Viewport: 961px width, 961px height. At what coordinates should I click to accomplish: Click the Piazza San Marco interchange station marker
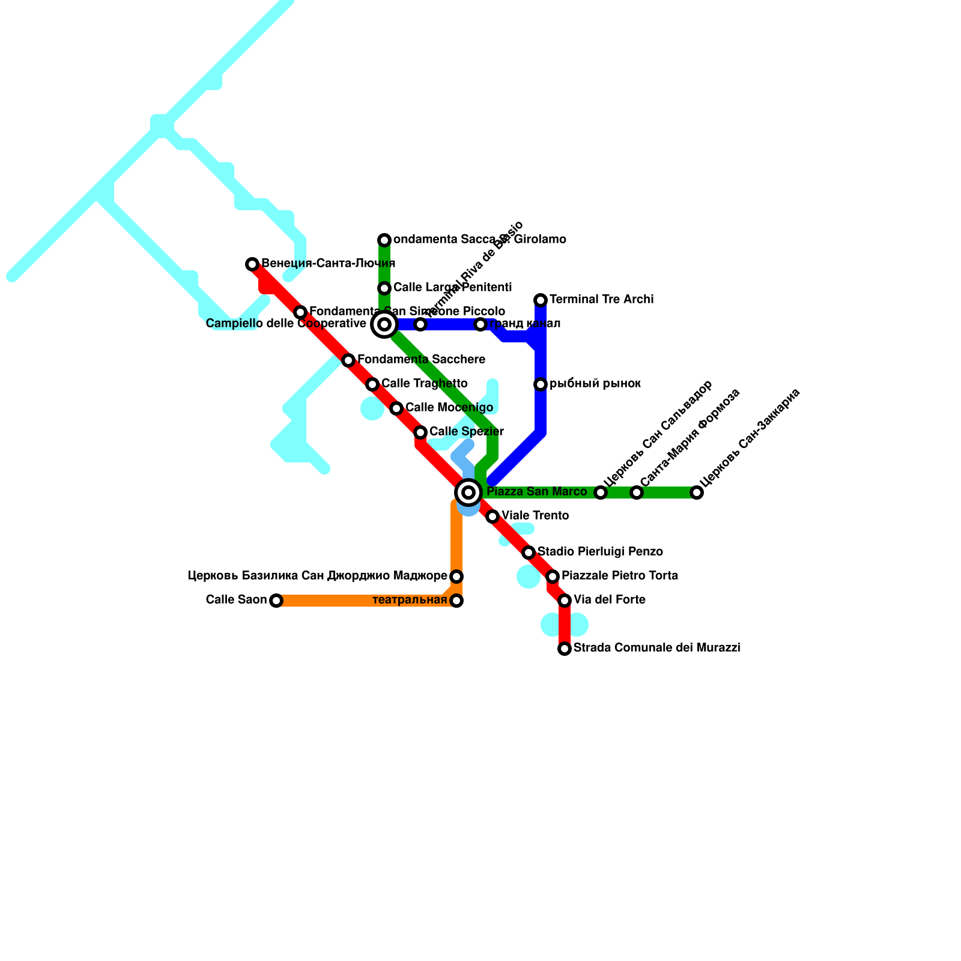[468, 493]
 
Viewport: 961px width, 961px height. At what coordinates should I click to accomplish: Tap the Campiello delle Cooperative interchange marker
[384, 324]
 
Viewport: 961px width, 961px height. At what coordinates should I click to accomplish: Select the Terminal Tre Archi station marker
[541, 300]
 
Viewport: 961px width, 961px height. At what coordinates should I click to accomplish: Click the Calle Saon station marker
[276, 601]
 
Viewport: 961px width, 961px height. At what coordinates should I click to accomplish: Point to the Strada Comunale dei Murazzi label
[656, 648]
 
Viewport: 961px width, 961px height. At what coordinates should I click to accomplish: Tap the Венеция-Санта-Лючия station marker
[252, 264]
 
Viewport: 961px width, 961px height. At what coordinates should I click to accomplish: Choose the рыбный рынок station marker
[541, 384]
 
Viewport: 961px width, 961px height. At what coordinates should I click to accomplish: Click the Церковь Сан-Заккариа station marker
[697, 493]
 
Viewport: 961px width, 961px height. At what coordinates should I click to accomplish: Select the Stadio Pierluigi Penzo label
[600, 552]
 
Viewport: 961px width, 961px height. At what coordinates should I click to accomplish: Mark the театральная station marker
[456, 601]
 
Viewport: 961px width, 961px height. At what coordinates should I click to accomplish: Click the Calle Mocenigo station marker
[396, 408]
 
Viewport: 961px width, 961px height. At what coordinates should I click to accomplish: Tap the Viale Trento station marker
[493, 517]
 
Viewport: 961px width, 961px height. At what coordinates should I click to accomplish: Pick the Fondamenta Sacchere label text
[421, 360]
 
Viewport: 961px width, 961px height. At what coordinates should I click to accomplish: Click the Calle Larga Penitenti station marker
[384, 288]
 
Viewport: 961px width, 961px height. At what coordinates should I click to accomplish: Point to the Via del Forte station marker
[565, 601]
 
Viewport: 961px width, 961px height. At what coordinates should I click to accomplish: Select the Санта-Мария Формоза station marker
[637, 493]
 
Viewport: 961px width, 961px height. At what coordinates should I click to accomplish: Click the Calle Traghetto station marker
[372, 384]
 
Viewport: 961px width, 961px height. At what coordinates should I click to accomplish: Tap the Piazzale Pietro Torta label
[620, 576]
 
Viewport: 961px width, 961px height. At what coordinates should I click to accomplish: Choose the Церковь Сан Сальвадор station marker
[601, 493]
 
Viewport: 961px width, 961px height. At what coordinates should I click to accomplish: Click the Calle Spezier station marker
[420, 432]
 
